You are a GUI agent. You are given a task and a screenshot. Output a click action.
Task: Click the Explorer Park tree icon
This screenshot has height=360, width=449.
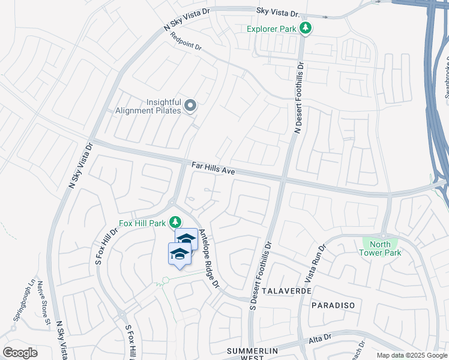click(306, 28)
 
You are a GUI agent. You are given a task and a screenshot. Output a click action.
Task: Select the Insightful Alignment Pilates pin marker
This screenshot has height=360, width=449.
click(190, 107)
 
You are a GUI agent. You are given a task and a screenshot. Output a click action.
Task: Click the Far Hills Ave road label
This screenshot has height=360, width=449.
click(212, 167)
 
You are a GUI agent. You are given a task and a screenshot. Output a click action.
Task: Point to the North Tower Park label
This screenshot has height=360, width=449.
click(381, 248)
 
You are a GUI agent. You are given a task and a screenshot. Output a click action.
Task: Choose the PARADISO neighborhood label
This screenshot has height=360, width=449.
click(333, 305)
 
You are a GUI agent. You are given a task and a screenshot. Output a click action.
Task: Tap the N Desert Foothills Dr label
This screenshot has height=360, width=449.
click(298, 96)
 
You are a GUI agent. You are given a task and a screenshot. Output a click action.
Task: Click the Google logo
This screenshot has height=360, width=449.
click(20, 353)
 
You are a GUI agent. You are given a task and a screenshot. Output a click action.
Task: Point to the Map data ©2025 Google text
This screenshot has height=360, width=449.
click(411, 355)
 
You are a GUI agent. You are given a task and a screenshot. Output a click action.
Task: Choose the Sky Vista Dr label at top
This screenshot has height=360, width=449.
click(277, 12)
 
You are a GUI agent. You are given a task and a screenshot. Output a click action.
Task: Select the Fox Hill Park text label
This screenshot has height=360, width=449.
click(142, 223)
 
